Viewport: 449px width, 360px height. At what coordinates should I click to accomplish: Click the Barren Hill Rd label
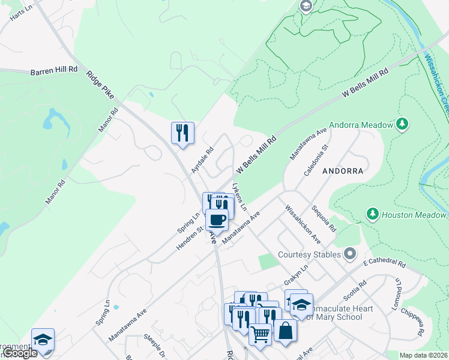(x=55, y=70)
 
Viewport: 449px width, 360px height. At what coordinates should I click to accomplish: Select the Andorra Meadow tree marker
(x=403, y=124)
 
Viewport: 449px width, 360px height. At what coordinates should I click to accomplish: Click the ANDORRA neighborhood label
(x=343, y=171)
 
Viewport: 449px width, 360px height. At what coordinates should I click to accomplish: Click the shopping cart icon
(x=260, y=334)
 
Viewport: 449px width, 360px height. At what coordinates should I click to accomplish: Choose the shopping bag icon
(x=285, y=330)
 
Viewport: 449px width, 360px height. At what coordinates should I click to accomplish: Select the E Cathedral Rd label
(x=384, y=263)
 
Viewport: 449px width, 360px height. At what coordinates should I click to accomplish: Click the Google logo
(x=19, y=353)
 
